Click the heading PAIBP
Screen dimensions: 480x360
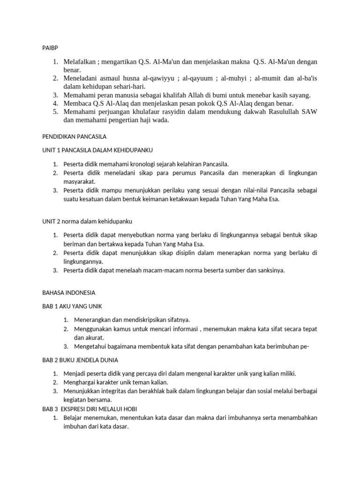[x=50, y=47]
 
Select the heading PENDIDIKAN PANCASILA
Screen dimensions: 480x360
[x=75, y=136]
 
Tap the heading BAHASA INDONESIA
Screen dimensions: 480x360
[x=68, y=292]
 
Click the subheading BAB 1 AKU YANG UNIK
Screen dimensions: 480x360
[x=72, y=306]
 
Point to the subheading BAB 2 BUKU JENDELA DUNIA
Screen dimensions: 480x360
[x=80, y=360]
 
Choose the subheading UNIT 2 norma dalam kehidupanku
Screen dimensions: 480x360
[x=90, y=221]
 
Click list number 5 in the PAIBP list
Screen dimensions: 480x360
[x=55, y=112]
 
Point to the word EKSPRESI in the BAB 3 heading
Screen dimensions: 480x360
[x=79, y=409]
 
